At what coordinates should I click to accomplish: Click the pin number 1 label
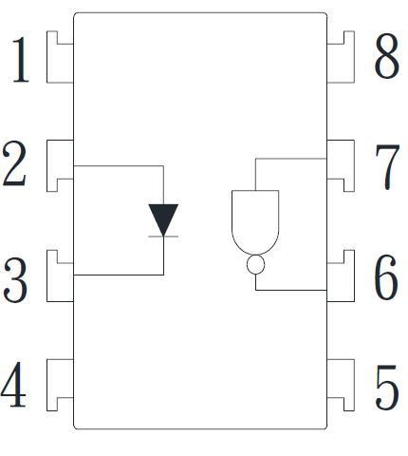click(x=21, y=60)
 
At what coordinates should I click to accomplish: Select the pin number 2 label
click(x=14, y=163)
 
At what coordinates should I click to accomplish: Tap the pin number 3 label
click(x=15, y=279)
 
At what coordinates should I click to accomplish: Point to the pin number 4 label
click(x=13, y=384)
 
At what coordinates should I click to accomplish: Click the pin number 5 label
click(x=387, y=388)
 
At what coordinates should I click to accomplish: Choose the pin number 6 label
click(x=386, y=277)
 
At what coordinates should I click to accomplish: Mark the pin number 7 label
click(x=387, y=167)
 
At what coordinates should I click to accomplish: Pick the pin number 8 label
click(x=387, y=56)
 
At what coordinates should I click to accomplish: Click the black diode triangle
click(x=163, y=217)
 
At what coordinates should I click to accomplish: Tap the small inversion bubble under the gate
click(x=255, y=264)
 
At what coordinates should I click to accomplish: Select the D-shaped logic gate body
click(x=255, y=222)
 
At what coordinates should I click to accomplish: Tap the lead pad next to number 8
click(x=347, y=64)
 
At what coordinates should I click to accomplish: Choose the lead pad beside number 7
click(x=347, y=160)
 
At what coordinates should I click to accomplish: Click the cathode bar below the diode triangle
click(x=163, y=237)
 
